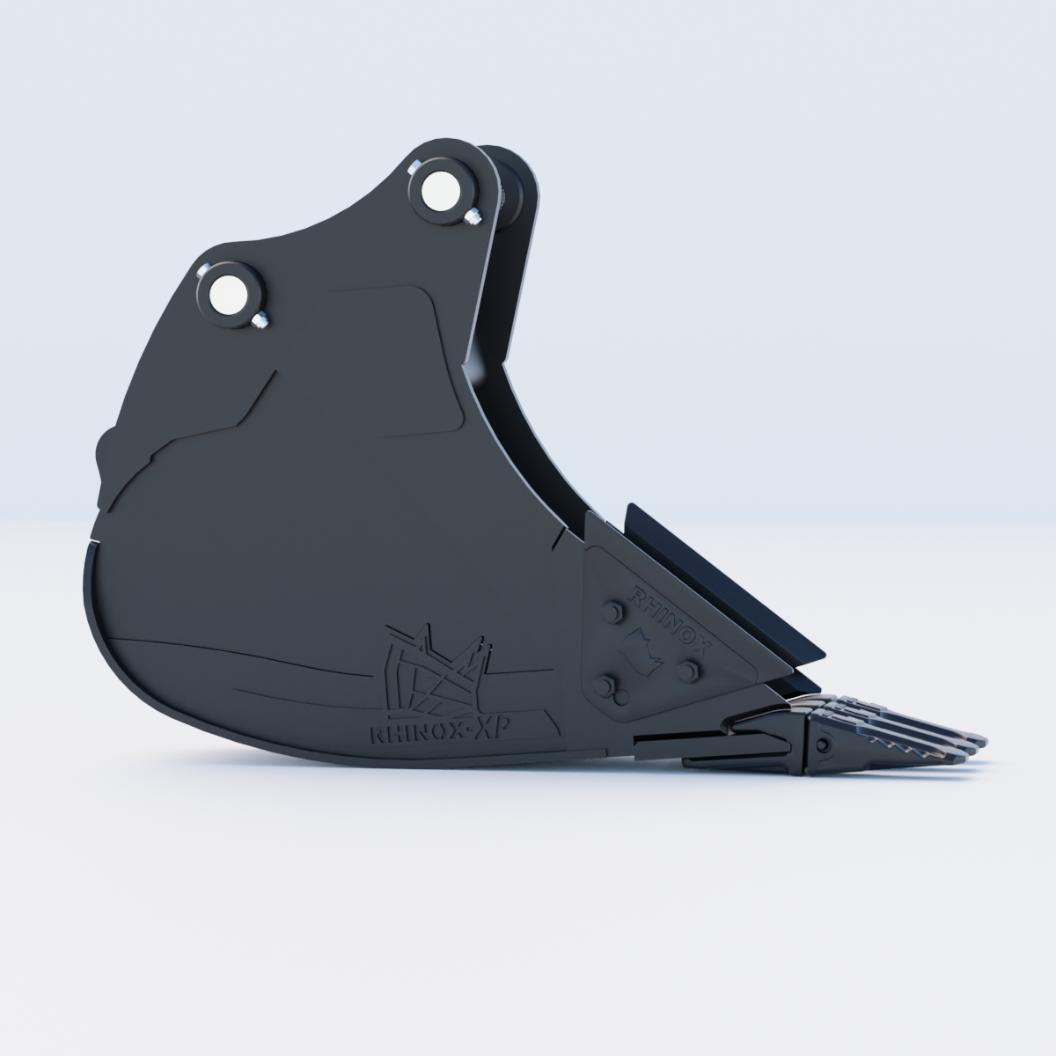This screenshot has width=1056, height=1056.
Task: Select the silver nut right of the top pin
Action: pyautogui.click(x=473, y=216)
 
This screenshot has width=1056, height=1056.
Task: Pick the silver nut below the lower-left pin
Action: pyautogui.click(x=258, y=322)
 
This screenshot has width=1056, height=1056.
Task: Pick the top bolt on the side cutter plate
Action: pyautogui.click(x=609, y=612)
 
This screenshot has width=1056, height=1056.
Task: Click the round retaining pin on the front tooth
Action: pyautogui.click(x=822, y=746)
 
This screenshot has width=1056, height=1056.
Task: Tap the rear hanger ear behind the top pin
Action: pyautogui.click(x=515, y=185)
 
